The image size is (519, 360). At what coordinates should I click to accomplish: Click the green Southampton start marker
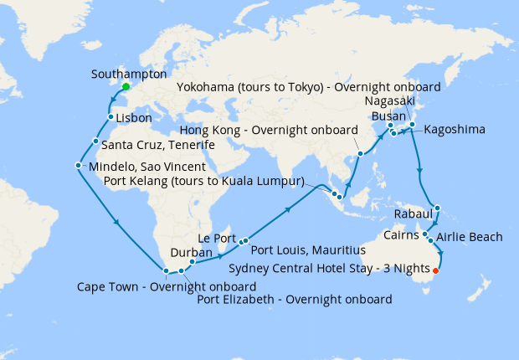(126, 86)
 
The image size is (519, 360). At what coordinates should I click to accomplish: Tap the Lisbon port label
(133, 118)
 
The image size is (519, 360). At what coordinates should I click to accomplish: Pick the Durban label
(185, 251)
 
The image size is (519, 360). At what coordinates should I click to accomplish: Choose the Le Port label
(217, 237)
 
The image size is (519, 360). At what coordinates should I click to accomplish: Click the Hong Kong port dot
(360, 153)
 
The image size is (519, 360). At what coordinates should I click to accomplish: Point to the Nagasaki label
(388, 100)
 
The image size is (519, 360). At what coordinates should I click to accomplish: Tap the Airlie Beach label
(470, 237)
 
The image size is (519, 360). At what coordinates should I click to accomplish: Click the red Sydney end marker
(435, 270)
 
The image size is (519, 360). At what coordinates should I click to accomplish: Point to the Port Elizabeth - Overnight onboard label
(295, 299)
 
